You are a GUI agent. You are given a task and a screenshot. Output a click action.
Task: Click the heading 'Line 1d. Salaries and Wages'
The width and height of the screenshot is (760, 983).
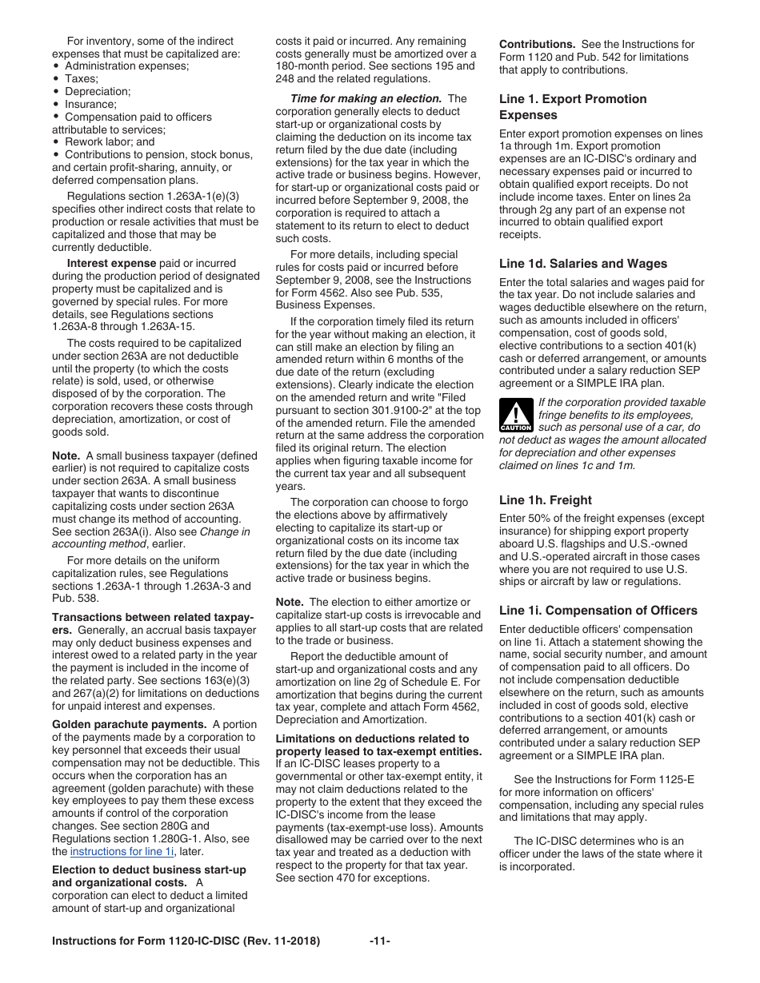[x=582, y=264]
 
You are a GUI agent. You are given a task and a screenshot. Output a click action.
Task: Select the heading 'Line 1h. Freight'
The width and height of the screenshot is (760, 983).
[x=545, y=500]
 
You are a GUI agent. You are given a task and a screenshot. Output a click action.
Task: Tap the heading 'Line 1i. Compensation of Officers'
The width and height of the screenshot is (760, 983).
[x=598, y=611]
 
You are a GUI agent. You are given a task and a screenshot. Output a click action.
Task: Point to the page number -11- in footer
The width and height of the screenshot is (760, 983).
[x=380, y=941]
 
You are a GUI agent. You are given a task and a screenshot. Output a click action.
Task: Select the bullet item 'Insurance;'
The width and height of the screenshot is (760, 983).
[x=90, y=104]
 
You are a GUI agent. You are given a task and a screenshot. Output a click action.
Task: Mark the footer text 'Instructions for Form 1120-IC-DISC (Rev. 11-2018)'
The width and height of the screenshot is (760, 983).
[x=186, y=941]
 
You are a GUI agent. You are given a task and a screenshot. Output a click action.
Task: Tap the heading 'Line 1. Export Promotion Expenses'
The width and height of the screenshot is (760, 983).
[x=573, y=107]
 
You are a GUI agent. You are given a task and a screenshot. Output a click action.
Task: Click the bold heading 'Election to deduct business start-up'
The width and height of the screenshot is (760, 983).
[x=149, y=870]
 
